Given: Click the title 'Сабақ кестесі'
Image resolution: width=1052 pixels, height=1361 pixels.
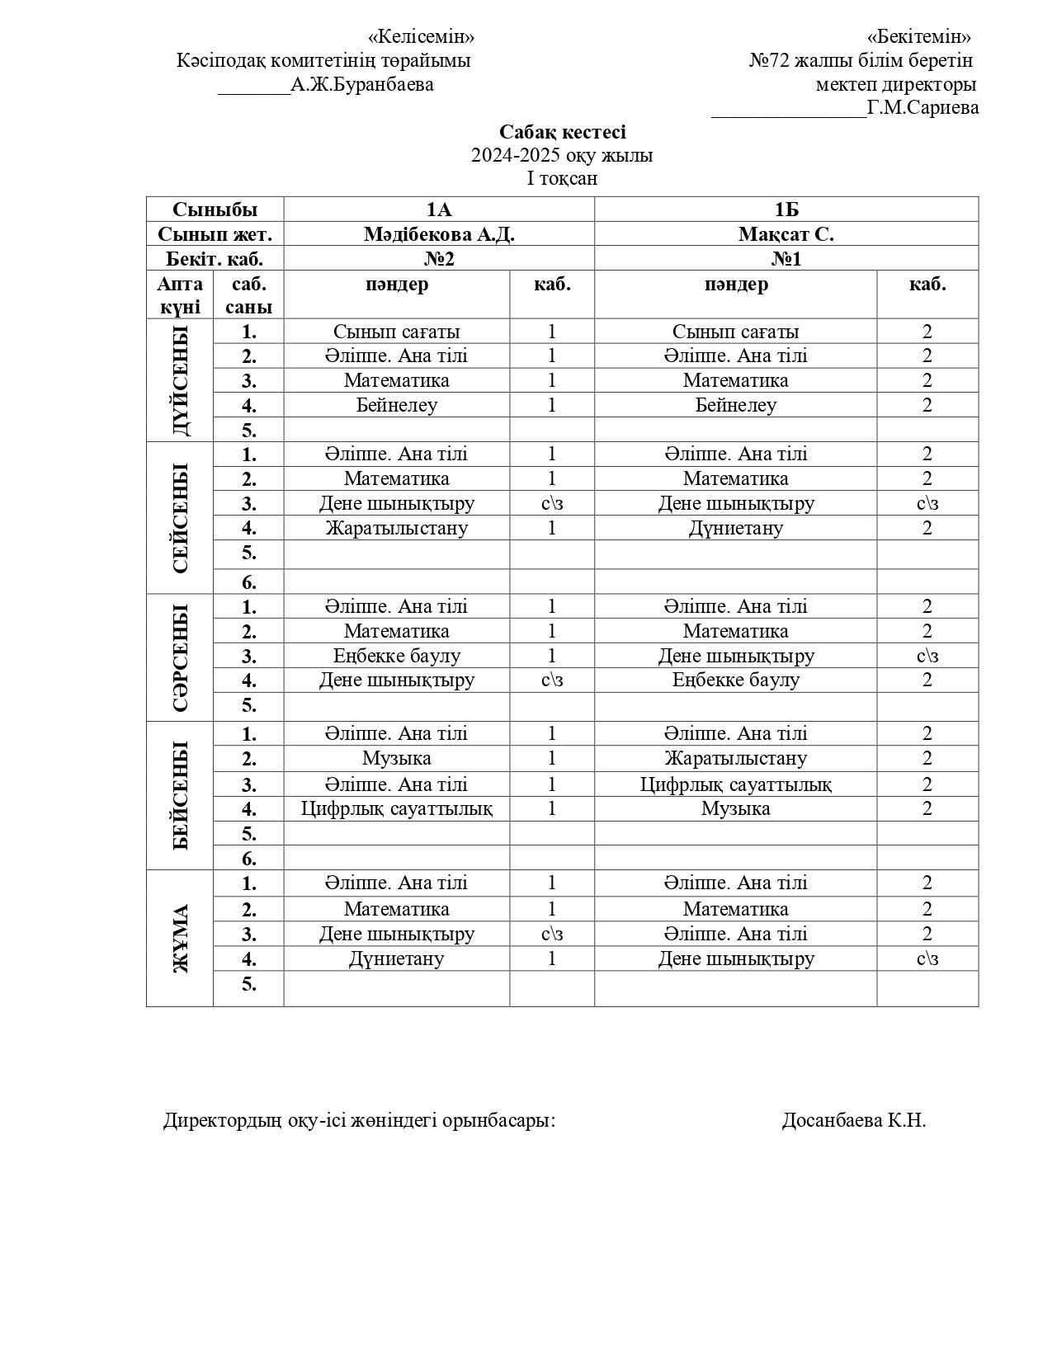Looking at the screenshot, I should click(562, 132).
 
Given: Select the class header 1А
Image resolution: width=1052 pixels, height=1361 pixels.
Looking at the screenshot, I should click(438, 210).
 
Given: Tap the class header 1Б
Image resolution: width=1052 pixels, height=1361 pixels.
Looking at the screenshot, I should click(785, 210).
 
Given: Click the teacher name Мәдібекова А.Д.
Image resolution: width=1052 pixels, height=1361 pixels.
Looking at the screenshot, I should click(438, 234).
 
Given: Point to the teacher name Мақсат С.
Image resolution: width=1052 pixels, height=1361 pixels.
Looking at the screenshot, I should click(785, 234).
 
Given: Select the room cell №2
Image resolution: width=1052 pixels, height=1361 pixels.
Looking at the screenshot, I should click(438, 259).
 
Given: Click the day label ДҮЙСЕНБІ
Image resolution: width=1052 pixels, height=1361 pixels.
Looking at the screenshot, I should click(180, 380).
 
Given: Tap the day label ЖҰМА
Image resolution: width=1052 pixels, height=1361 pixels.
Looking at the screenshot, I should click(180, 938).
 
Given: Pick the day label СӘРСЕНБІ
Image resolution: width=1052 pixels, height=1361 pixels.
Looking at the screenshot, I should click(180, 657).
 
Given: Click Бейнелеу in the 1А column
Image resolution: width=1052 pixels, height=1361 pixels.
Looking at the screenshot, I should click(397, 405).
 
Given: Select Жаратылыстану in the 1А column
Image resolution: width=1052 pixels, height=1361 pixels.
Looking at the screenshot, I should click(397, 528).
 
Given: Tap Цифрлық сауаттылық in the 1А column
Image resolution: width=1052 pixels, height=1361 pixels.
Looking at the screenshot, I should click(397, 808).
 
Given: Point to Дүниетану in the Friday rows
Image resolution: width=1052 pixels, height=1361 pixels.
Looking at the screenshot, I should click(397, 958).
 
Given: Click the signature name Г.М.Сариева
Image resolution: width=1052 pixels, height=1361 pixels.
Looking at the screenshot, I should click(922, 107).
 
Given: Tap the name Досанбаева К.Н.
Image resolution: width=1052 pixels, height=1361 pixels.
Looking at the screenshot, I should click(853, 1120).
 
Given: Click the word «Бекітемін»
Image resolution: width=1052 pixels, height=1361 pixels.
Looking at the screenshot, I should click(918, 36).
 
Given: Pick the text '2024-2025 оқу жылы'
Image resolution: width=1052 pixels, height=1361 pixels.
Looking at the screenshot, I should click(562, 155).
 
